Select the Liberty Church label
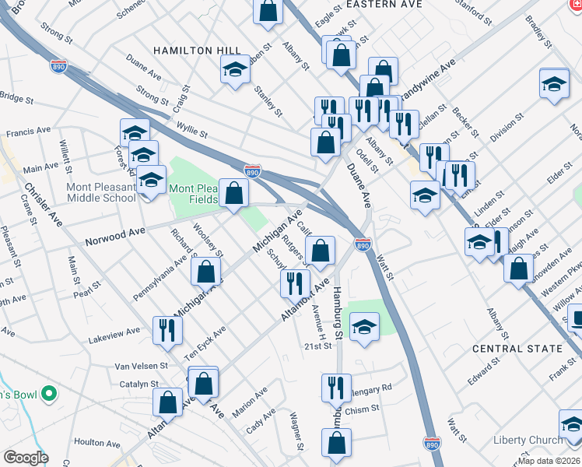pyautogui.click(x=528, y=440)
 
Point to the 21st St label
pyautogui.click(x=318, y=346)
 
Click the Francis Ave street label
pyautogui.click(x=28, y=132)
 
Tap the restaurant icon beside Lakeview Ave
pyautogui.click(x=167, y=330)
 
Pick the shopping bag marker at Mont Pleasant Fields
pyautogui.click(x=233, y=193)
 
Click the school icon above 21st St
pyautogui.click(x=363, y=326)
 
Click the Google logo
pyautogui.click(x=26, y=458)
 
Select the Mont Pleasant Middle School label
pyautogui.click(x=79, y=192)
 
